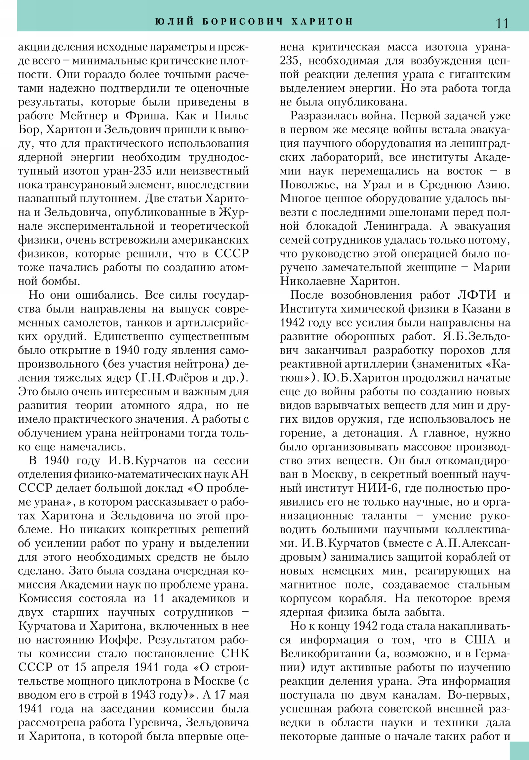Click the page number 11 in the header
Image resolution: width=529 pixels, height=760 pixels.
502,23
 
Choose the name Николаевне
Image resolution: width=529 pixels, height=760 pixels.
311,281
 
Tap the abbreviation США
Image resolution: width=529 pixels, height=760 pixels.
480,640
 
